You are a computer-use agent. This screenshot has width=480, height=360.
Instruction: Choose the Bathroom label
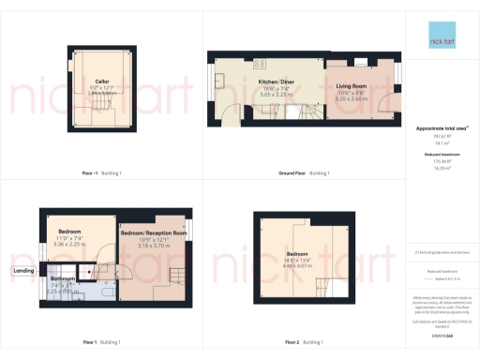click(x=63, y=278)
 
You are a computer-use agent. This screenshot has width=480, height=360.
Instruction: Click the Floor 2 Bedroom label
click(x=297, y=254)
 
